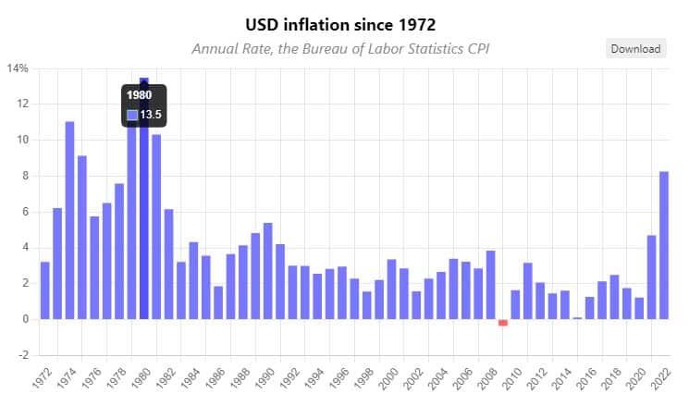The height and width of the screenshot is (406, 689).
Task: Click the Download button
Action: [635, 49]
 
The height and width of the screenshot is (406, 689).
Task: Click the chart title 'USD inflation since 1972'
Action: [340, 24]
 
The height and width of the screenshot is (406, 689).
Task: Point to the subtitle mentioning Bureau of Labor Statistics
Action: [339, 48]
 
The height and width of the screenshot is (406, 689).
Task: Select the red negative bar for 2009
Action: [503, 323]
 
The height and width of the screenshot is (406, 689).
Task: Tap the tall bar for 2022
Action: [664, 245]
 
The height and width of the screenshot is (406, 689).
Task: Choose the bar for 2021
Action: [651, 277]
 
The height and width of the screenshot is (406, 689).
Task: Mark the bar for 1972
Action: [44, 290]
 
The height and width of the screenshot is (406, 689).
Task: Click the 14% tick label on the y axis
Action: [18, 68]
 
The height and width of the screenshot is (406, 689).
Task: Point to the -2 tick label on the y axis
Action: [23, 355]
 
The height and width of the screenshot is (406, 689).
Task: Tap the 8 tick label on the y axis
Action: [25, 176]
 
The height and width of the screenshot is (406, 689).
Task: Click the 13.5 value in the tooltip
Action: [151, 115]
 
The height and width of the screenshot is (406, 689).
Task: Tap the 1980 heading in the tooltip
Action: [139, 95]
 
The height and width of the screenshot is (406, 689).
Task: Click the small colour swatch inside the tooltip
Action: [132, 115]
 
